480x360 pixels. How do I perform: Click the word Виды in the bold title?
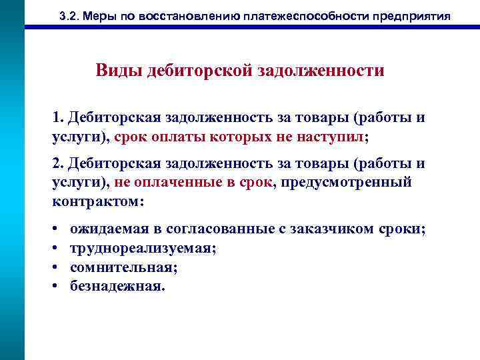115,71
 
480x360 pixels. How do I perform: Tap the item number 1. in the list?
57,118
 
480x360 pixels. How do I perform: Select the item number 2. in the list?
57,164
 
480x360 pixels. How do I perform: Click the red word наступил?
330,136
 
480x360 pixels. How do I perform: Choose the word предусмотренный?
347,182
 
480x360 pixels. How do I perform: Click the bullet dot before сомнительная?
53,267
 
